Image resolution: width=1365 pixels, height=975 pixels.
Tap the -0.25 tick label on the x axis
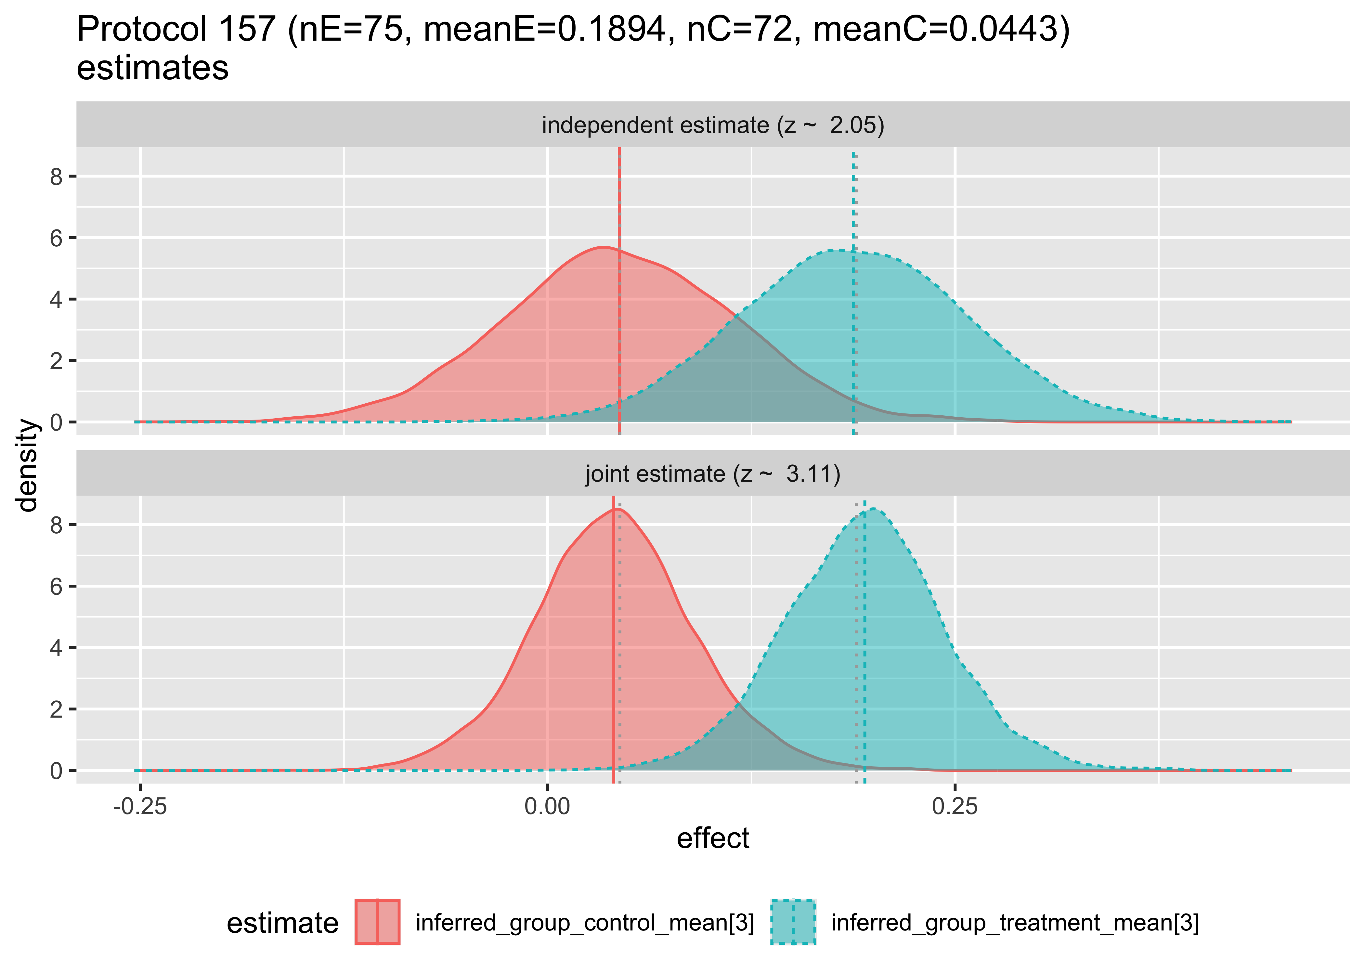(140, 806)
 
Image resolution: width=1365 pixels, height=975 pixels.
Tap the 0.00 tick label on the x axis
(547, 806)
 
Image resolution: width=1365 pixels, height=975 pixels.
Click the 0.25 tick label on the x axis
(955, 806)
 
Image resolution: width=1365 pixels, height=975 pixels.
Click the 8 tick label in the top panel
(57, 176)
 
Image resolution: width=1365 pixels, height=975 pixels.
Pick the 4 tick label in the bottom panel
(57, 648)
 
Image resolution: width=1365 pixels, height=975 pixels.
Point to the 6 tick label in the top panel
(57, 238)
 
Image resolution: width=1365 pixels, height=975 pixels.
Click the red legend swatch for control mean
(377, 922)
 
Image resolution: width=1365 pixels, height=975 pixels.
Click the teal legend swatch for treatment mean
(793, 922)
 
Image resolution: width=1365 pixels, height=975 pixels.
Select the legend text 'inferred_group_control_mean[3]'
(585, 922)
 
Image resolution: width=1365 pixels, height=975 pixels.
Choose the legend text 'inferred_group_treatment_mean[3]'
(1014, 922)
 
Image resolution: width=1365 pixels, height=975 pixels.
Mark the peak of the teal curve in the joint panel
(872, 509)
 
